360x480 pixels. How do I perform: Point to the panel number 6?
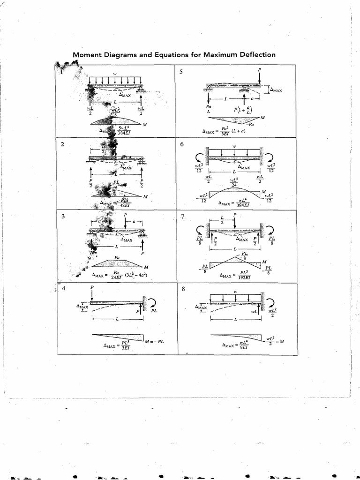click(x=182, y=144)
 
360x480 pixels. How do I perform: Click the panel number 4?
click(x=63, y=288)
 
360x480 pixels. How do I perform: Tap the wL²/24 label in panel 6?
click(x=234, y=182)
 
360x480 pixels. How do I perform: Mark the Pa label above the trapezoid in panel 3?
click(x=117, y=257)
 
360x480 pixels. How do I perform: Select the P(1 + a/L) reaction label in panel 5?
click(x=240, y=110)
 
